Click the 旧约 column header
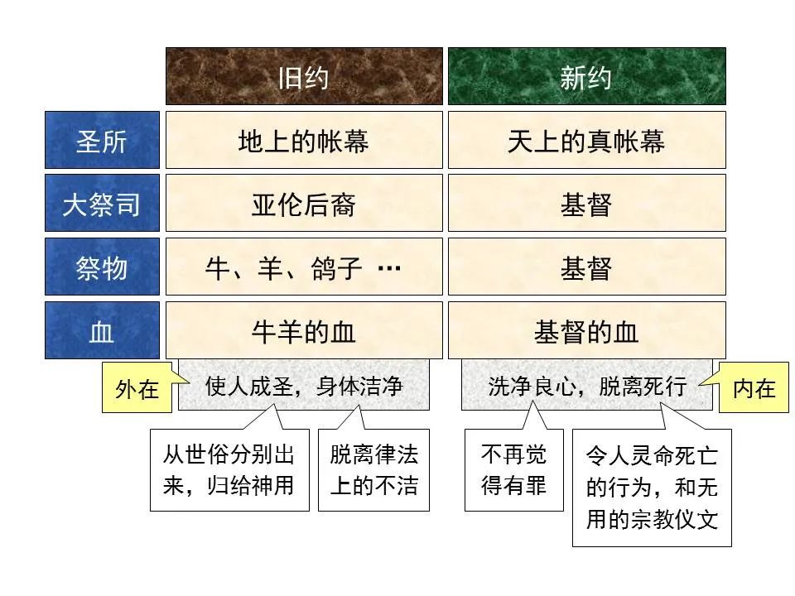[x=304, y=76]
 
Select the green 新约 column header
[x=586, y=76]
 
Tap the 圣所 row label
[x=102, y=141]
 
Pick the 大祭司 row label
[x=102, y=204]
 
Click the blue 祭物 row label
[x=102, y=267]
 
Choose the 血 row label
[x=102, y=331]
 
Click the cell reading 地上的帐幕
[x=304, y=141]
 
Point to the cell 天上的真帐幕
[x=586, y=141]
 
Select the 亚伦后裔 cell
[x=304, y=204]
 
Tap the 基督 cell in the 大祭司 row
[x=586, y=204]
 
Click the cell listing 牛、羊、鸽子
[x=304, y=267]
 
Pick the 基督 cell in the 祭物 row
[x=586, y=267]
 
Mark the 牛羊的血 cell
[x=304, y=331]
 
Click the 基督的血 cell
[x=586, y=331]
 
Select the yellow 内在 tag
[x=754, y=387]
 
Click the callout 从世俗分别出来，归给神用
[x=229, y=469]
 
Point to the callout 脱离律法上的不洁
[x=374, y=469]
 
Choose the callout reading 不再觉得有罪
[x=514, y=469]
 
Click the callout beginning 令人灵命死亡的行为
[x=652, y=488]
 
